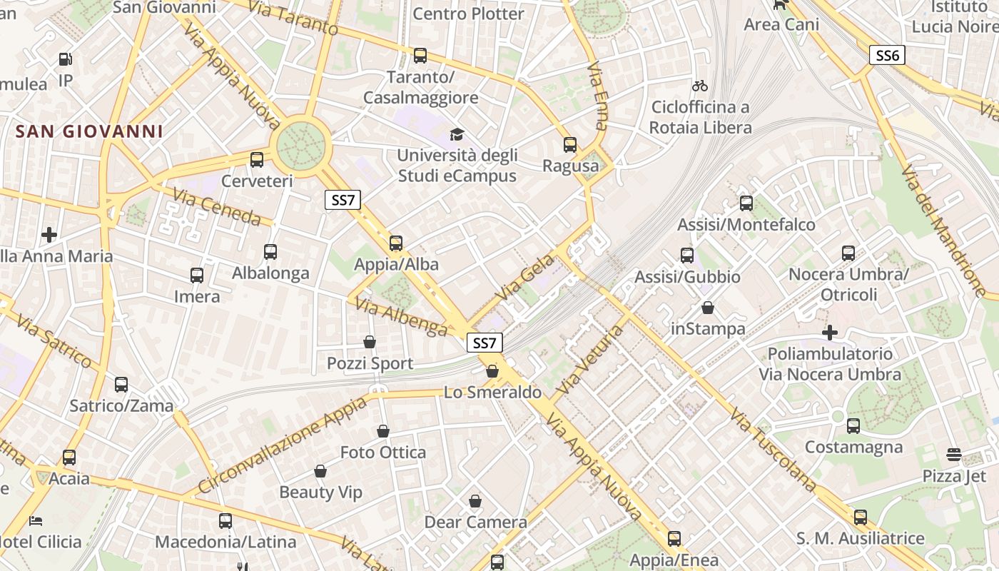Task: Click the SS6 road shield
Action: [886, 55]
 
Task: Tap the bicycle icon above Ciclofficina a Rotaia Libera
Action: [700, 86]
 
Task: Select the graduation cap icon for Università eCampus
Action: [456, 134]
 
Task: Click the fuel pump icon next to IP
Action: [66, 59]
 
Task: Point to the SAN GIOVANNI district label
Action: [89, 131]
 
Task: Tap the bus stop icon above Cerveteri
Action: [257, 160]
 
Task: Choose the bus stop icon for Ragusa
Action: [570, 145]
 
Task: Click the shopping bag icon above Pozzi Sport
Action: [370, 342]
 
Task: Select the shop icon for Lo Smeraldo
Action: [492, 371]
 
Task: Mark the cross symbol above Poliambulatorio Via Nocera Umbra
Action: [829, 333]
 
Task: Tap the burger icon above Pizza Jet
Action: [954, 454]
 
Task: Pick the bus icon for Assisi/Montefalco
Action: [746, 203]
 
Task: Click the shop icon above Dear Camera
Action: [475, 501]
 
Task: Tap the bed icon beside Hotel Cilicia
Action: [35, 521]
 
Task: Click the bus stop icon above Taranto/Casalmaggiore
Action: [420, 55]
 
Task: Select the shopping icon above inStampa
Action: [708, 308]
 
